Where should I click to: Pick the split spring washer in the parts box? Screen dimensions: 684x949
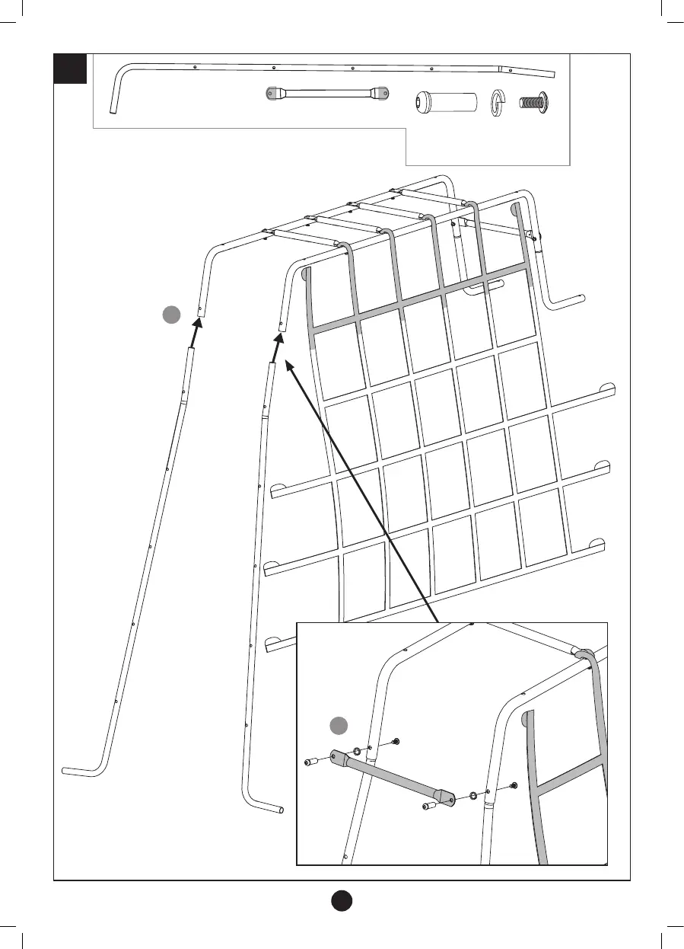coord(499,101)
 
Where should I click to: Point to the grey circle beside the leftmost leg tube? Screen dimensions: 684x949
coord(172,313)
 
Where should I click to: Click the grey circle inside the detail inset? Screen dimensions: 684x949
coord(339,726)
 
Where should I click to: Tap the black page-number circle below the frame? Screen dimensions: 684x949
coord(342,899)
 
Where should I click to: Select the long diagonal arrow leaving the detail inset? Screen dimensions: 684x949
coord(362,492)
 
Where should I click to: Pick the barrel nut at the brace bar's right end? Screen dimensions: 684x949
coord(428,805)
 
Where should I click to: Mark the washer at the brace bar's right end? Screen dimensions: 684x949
coord(474,796)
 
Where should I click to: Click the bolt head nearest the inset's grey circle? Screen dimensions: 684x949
coord(396,741)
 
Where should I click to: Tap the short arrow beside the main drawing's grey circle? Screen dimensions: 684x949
coord(196,332)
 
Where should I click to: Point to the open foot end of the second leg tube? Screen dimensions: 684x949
coord(282,810)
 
